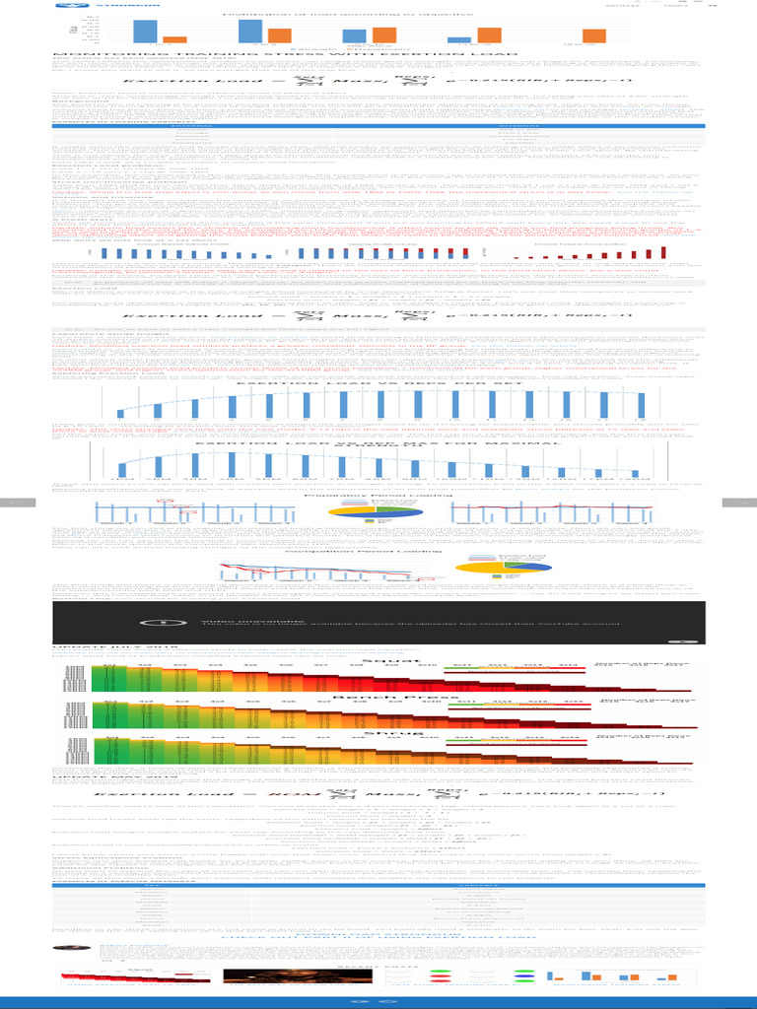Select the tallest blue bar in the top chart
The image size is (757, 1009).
[250, 32]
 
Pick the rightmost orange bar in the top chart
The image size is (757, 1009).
[593, 36]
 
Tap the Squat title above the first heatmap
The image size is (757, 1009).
[378, 660]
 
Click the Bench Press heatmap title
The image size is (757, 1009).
[378, 697]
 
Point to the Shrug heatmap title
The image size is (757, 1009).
[378, 733]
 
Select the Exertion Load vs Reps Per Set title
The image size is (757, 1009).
[378, 382]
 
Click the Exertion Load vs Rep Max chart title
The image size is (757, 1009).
[378, 443]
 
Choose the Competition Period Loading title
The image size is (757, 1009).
[378, 554]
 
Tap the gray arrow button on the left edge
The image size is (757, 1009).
[16, 503]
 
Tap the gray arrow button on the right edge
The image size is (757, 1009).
[740, 503]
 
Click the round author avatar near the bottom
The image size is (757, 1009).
[66, 948]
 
